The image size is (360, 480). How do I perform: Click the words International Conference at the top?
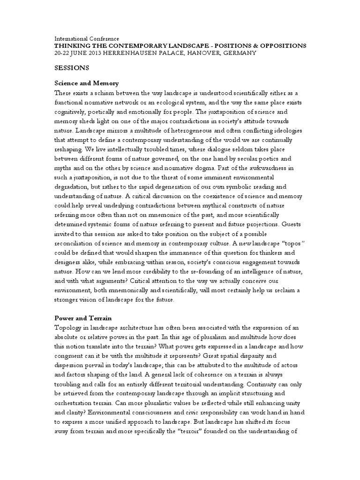pos(87,38)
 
